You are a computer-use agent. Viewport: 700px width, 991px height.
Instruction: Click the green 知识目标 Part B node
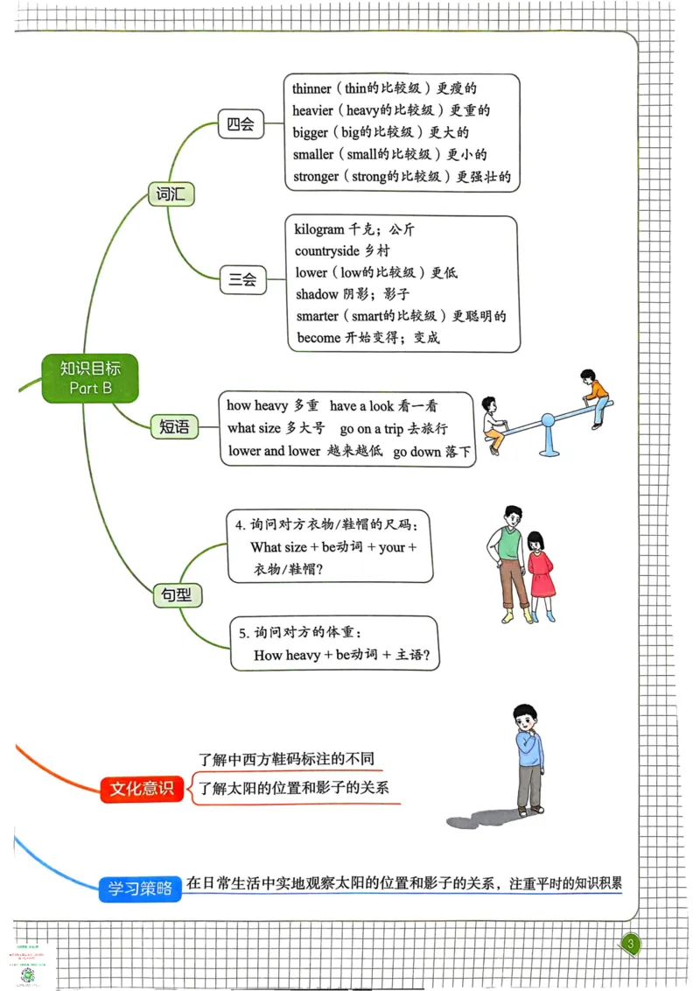tap(90, 378)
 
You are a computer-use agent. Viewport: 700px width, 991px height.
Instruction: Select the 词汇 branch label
tap(171, 193)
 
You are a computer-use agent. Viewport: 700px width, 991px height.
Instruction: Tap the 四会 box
tap(241, 124)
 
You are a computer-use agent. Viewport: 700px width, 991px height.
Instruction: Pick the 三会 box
tap(242, 280)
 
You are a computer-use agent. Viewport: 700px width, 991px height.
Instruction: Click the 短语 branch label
tap(174, 426)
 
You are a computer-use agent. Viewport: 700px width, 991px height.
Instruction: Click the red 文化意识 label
tap(141, 789)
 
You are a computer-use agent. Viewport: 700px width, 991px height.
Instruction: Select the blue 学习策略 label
tap(140, 889)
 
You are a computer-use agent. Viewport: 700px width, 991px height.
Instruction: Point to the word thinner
tap(312, 89)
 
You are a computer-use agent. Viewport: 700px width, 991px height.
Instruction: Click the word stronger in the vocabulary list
tap(316, 177)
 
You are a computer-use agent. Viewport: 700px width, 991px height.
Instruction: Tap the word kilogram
tap(319, 229)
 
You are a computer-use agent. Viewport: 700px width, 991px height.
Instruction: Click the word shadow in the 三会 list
tap(317, 294)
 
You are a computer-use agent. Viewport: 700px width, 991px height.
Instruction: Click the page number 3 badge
tap(632, 943)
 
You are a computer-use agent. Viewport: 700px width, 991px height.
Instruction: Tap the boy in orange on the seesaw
tap(596, 397)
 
